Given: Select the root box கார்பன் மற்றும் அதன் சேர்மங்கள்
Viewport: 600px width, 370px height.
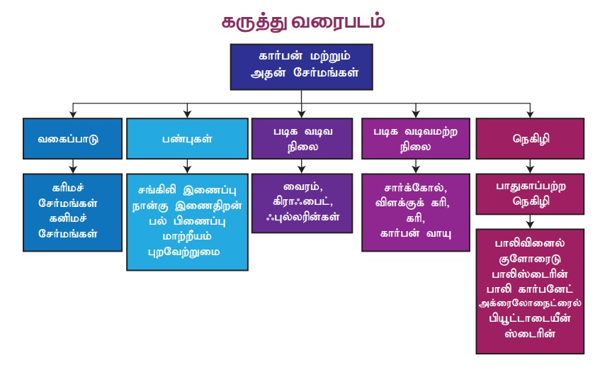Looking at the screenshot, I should tap(302, 67).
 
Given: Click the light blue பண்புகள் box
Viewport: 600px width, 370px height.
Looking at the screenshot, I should tap(187, 138).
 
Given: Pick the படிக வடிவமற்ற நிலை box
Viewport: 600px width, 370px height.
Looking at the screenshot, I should tap(415, 138).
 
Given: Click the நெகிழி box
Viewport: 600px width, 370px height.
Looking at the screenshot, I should tap(528, 138).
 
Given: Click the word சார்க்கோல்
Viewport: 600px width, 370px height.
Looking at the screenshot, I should tap(415, 189).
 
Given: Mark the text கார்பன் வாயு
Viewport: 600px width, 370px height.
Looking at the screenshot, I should tap(415, 232).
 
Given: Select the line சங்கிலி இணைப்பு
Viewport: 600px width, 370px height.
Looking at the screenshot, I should tap(187, 189).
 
